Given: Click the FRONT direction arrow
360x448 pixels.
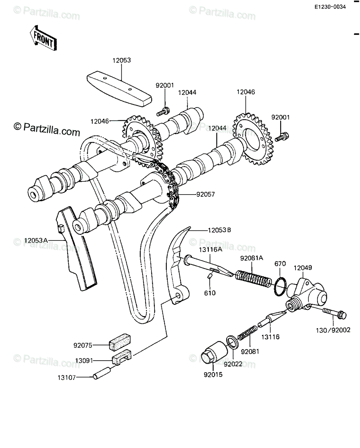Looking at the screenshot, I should point(43,38).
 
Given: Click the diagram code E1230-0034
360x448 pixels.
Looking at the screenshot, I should point(330,7).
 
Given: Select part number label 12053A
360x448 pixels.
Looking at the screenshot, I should point(36,240).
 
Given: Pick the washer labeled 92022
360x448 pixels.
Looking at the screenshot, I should point(232,342).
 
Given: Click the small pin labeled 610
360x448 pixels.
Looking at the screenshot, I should point(210,276).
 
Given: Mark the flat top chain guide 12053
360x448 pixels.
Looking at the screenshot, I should point(119,86).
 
